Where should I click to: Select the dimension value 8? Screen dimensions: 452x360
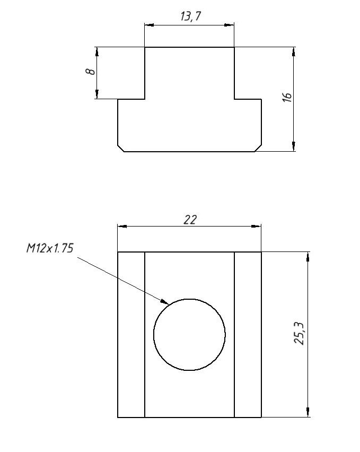[x=92, y=71]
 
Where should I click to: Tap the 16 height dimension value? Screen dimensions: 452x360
[x=287, y=97]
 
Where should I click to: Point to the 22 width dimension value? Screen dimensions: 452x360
[x=190, y=220]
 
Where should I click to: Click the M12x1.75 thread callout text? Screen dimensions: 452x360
[x=49, y=249]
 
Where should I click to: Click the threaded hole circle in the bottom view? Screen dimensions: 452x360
[x=189, y=334]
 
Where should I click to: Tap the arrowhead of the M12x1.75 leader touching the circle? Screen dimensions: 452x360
[x=166, y=302]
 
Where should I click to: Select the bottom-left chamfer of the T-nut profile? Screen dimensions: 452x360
[x=121, y=148]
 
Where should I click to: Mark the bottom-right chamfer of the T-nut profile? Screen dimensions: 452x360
[x=258, y=148]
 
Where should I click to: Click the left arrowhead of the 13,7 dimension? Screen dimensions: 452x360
[x=148, y=24]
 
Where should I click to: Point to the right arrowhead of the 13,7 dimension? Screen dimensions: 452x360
[x=231, y=24]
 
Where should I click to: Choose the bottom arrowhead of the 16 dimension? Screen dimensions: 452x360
[x=294, y=147]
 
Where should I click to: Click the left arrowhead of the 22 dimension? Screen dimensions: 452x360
[x=121, y=227]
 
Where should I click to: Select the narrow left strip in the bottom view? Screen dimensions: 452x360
[x=131, y=334]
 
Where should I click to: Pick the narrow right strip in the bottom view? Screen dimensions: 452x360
[x=248, y=334]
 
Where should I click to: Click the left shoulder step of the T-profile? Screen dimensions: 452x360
[x=131, y=99]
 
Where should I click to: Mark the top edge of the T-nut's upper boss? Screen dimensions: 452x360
[x=189, y=47]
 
